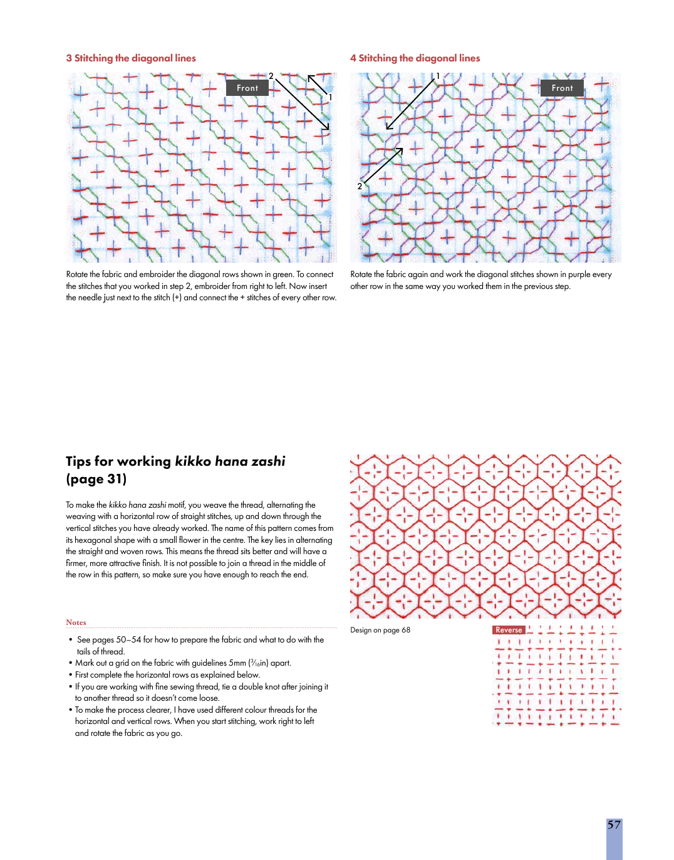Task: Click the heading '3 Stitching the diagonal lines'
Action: tap(131, 58)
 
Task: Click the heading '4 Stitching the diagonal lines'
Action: tap(415, 58)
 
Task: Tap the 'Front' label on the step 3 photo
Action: tap(247, 88)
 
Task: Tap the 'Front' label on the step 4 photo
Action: tap(563, 88)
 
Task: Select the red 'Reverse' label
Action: tap(509, 630)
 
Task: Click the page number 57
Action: tap(614, 825)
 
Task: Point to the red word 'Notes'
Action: tap(76, 622)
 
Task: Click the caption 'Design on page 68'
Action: tap(380, 630)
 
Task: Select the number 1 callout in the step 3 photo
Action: tap(330, 97)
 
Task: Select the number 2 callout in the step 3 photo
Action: tap(271, 76)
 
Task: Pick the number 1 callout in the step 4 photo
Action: tap(438, 76)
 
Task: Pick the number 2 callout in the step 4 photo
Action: tap(360, 186)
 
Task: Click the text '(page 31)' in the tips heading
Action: tap(96, 479)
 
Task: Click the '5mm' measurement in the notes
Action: tap(237, 663)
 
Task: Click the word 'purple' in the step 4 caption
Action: tap(579, 275)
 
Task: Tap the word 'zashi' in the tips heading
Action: tap(268, 461)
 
